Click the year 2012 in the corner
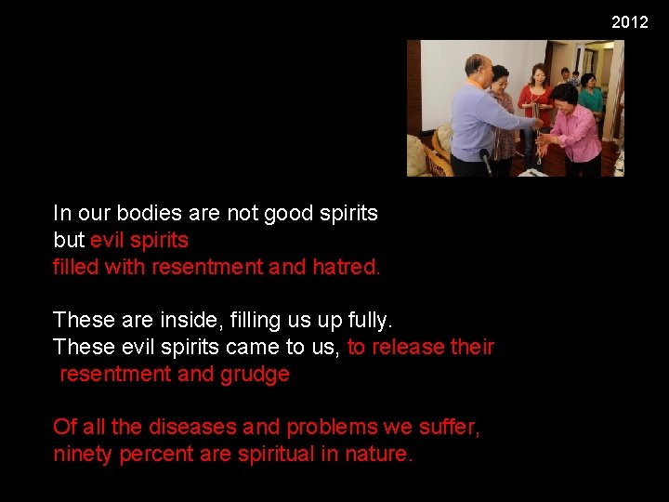pyautogui.click(x=629, y=21)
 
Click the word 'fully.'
pyautogui.click(x=368, y=320)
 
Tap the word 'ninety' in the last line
pyautogui.click(x=83, y=454)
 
